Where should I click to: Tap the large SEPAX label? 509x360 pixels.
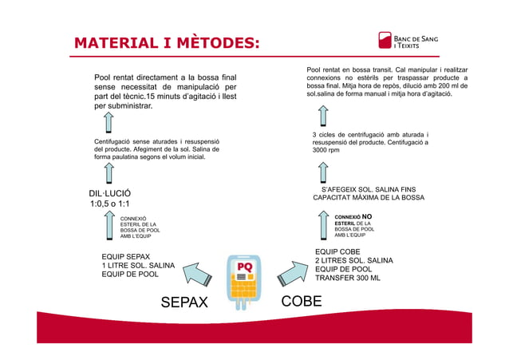[183, 303]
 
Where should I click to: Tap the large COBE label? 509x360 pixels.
[302, 302]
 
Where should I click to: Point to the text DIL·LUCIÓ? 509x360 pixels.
[110, 193]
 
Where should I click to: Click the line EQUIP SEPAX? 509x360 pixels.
[125, 256]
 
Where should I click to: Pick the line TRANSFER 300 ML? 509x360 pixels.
[347, 279]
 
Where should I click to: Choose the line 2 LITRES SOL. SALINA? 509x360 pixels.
[353, 260]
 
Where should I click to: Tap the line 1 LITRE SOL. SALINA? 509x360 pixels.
[138, 266]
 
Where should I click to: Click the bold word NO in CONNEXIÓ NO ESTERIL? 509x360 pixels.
[367, 216]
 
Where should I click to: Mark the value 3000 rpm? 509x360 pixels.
[326, 150]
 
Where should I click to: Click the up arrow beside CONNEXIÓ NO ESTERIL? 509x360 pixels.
[322, 225]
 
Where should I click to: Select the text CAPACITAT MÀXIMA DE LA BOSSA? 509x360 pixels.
[369, 197]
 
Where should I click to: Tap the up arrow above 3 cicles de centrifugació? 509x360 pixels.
[322, 117]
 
